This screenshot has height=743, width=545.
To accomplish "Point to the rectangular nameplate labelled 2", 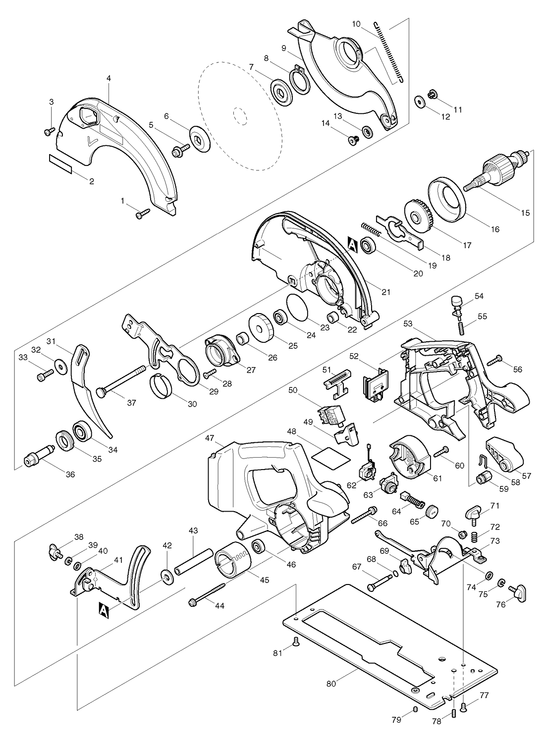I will pos(60,164).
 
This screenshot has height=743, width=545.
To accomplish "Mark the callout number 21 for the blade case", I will pos(386,292).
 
